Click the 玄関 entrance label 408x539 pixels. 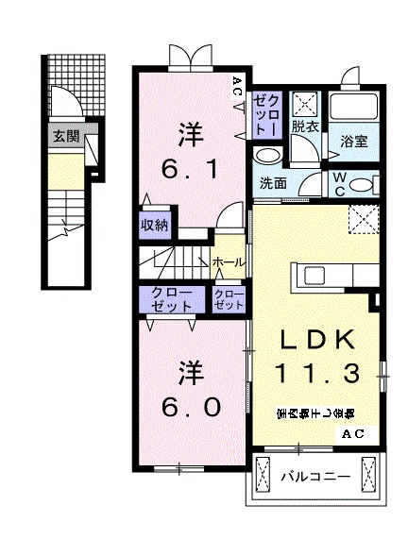[x=65, y=135]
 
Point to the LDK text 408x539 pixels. [x=317, y=341]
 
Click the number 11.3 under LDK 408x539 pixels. [x=317, y=373]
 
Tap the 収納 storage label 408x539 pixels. [x=155, y=225]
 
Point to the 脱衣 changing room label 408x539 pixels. [x=303, y=126]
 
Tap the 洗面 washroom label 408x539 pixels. [x=274, y=183]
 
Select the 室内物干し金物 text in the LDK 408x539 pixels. [x=315, y=413]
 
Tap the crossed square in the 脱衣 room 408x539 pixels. [x=304, y=102]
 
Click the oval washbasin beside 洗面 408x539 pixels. [x=268, y=156]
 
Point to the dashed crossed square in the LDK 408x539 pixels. [x=363, y=218]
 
